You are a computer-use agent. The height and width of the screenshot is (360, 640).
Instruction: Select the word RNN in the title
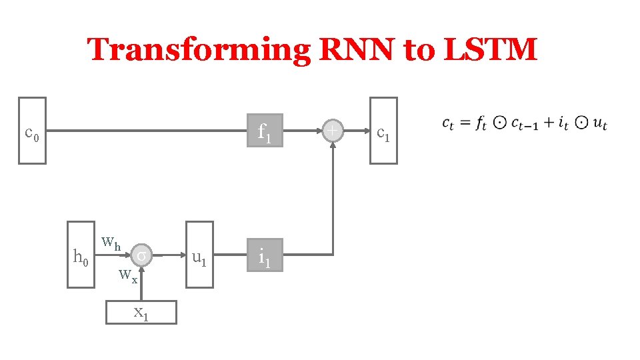tap(357, 50)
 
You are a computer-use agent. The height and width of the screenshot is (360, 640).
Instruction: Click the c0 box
tap(32, 131)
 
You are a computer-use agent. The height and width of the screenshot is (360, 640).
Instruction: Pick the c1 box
tap(383, 131)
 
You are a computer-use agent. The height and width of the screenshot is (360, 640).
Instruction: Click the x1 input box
tap(141, 311)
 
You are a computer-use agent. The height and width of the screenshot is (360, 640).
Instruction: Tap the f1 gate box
tap(265, 131)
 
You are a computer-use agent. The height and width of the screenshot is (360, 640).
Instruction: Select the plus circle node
tap(332, 131)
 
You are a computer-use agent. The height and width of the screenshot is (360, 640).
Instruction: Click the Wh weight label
tap(111, 242)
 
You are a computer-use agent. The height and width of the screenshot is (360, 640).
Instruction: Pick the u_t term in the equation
tap(600, 124)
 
